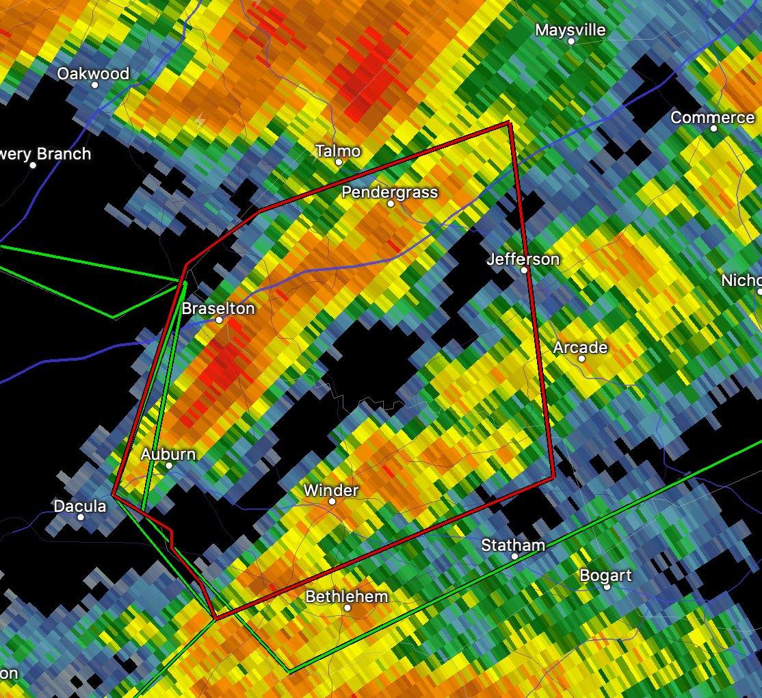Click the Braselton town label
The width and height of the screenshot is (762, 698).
coord(218,309)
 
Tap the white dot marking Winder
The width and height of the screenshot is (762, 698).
coord(332,501)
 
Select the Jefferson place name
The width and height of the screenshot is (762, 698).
coord(523,259)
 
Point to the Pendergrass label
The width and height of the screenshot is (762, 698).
coord(389,192)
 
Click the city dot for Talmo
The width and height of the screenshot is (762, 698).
coord(339,162)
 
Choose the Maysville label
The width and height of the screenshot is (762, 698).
coord(570,30)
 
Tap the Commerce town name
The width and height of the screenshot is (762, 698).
coord(712,118)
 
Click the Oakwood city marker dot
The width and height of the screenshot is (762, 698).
coord(95,85)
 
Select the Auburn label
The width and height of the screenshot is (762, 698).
coord(168,454)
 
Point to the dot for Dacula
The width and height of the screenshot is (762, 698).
coord(81,517)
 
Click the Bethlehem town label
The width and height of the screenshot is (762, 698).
coord(346,597)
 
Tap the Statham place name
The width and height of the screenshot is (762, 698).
coord(513,545)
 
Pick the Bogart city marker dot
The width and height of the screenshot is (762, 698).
coord(607,586)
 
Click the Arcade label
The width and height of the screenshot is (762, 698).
coord(580,348)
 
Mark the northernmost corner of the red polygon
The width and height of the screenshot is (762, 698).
coord(509,122)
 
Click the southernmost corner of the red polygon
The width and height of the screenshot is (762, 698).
coord(215,619)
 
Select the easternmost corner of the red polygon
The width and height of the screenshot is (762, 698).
coord(553,478)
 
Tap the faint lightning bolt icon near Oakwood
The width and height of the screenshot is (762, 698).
coord(200,122)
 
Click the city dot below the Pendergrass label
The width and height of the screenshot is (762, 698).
coord(391,203)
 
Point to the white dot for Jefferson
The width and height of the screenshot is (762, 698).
coord(524,270)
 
